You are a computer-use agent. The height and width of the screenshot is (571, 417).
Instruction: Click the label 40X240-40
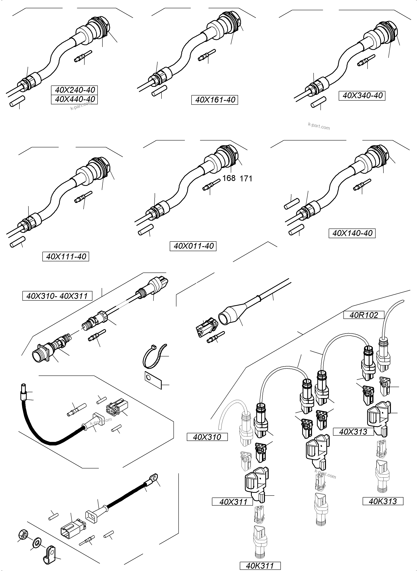pos(75,90)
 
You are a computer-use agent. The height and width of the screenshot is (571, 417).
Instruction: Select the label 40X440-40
pos(75,99)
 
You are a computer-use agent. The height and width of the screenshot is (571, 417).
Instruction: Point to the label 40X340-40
pos(362,95)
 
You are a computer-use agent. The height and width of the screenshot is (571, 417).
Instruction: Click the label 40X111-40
pos(66,257)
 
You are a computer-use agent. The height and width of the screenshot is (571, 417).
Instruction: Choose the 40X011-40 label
pos(193,246)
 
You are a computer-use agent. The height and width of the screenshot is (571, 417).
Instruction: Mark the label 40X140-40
pos(352,233)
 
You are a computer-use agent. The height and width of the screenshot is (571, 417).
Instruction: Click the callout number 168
pos(229,178)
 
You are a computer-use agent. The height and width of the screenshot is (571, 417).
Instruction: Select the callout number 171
pos(246,179)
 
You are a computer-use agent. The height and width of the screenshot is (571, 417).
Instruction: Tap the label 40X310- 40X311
pos(57,296)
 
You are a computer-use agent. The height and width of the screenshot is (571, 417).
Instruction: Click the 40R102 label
pos(364,315)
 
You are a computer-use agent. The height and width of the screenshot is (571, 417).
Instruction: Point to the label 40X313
pos(353,432)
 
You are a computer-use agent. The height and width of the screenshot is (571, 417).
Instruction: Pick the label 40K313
pos(383,501)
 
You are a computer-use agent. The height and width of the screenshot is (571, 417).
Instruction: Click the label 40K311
pos(260,566)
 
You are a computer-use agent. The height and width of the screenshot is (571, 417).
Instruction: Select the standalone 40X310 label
pos(207,437)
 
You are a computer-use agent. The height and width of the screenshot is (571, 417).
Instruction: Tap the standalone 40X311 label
pos(233,502)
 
